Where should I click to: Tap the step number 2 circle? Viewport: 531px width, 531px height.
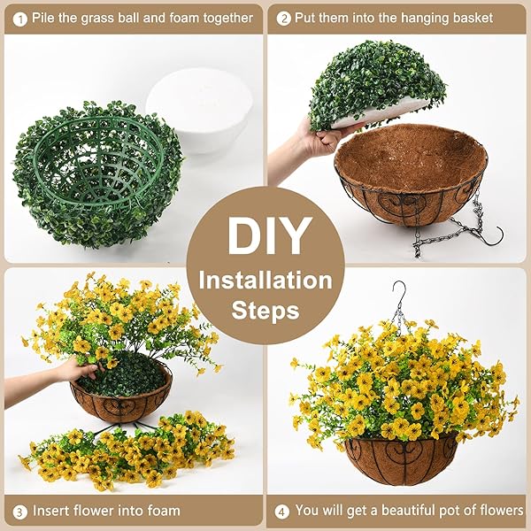[x=285, y=17]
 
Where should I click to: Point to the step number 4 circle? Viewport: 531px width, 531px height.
[x=281, y=511]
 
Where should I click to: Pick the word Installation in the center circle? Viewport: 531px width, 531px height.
[x=265, y=281]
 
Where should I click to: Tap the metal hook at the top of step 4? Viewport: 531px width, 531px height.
[x=400, y=292]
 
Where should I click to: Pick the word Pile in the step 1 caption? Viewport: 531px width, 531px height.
[x=44, y=17]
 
